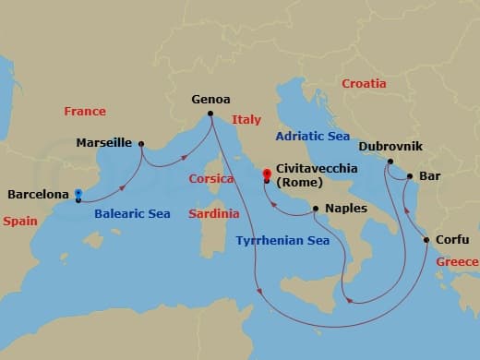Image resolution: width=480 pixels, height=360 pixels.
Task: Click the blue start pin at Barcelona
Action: tap(78, 195)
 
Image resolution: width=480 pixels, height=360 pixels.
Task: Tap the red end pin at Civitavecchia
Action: tap(266, 174)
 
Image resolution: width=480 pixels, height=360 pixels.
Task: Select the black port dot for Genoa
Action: tap(210, 114)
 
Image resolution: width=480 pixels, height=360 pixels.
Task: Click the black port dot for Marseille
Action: tap(140, 143)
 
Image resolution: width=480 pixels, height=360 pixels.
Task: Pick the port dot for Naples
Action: tap(316, 209)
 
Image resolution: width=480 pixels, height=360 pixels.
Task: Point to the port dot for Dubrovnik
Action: tap(390, 162)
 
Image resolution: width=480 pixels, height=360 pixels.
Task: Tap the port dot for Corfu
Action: tap(426, 240)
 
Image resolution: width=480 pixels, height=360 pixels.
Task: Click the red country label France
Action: tap(85, 112)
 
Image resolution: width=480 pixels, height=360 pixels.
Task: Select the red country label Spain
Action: tap(20, 222)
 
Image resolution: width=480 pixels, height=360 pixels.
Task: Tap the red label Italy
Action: tap(246, 119)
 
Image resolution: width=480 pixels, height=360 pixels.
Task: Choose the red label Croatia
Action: tap(365, 84)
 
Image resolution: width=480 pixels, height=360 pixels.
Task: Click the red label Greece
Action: tap(456, 262)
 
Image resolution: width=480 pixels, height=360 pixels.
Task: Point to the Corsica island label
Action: tap(211, 179)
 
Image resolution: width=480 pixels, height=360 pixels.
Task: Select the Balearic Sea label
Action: tap(133, 214)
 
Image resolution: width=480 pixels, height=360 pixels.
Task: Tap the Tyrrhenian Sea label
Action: tap(282, 241)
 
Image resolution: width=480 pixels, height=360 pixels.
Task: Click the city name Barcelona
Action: tap(38, 195)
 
